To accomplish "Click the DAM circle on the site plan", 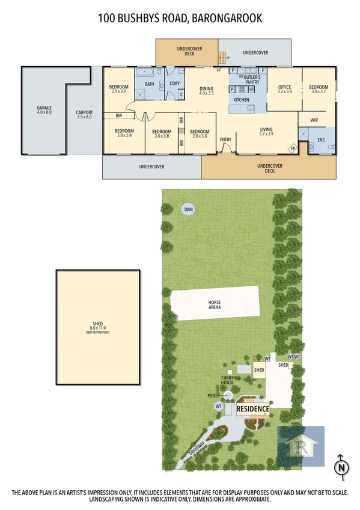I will tap(188, 209).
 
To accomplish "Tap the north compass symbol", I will tap(341, 467).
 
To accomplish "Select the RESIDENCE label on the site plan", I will tap(253, 408).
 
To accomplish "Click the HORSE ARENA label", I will tap(215, 304).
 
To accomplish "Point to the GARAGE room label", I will tap(44, 110).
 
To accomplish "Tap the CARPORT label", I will tap(84, 114).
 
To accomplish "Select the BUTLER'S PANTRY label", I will tap(252, 79).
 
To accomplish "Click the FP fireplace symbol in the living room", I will tap(293, 148).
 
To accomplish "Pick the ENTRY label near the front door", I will tap(225, 140).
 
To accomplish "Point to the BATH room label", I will tap(149, 84).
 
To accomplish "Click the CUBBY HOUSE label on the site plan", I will tap(227, 380).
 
